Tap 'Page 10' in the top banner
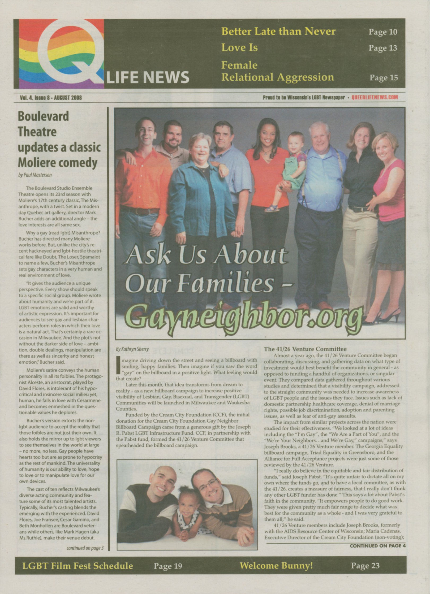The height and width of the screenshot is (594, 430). tap(383, 32)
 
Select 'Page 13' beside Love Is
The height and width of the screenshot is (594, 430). tap(383, 48)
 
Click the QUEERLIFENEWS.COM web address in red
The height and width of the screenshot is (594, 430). tap(375, 97)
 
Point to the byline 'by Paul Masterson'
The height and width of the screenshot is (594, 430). tap(35, 175)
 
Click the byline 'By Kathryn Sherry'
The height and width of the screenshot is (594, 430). tap(132, 349)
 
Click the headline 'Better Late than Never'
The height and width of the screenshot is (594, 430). tap(278, 32)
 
